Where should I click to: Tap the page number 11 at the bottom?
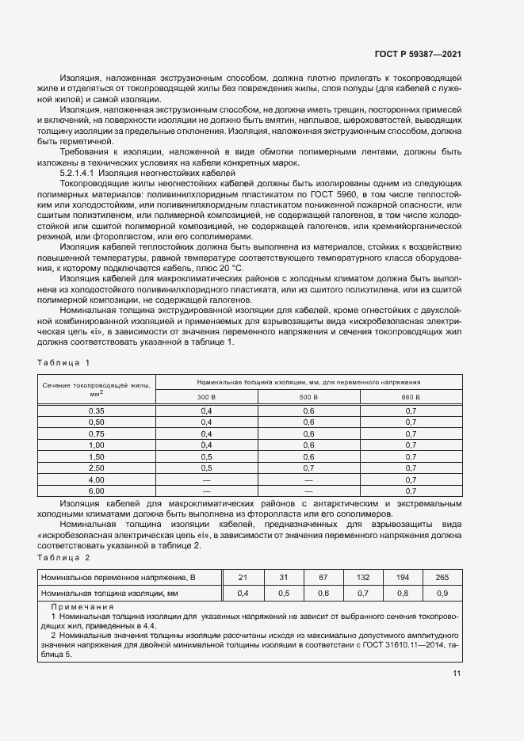[x=457, y=674]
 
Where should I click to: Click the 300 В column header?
[x=206, y=396]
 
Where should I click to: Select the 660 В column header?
[x=411, y=396]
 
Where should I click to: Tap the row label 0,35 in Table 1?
[x=97, y=411]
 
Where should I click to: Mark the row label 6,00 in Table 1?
[x=97, y=491]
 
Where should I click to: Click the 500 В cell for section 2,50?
[x=309, y=468]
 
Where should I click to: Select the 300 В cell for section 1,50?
[x=206, y=457]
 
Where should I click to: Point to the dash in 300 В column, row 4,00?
[x=206, y=480]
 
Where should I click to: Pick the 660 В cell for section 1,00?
[x=411, y=445]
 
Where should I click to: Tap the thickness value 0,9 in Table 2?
[x=442, y=593]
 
